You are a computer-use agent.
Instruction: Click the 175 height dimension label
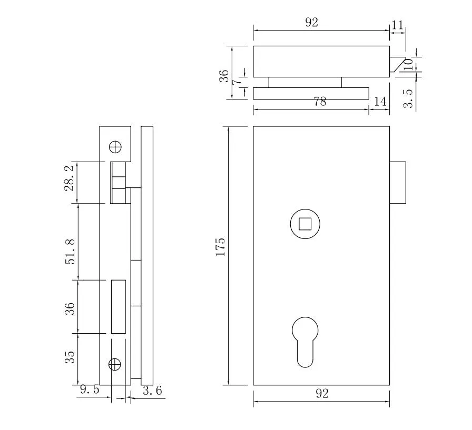pyautogui.click(x=220, y=247)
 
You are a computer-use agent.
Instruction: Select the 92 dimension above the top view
pyautogui.click(x=312, y=23)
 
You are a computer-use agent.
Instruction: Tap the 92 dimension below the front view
pyautogui.click(x=322, y=394)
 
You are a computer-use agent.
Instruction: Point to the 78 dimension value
pyautogui.click(x=320, y=102)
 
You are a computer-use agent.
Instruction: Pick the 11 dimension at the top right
pyautogui.click(x=398, y=24)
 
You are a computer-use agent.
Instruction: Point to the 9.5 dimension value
pyautogui.click(x=89, y=390)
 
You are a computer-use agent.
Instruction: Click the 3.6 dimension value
pyautogui.click(x=152, y=390)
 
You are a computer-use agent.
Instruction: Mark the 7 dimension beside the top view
pyautogui.click(x=238, y=82)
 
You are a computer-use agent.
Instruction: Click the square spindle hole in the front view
pyautogui.click(x=305, y=224)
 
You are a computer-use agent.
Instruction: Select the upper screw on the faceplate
pyautogui.click(x=115, y=146)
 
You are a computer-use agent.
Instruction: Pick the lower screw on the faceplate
pyautogui.click(x=115, y=364)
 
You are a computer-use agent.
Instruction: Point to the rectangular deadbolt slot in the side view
pyautogui.click(x=118, y=306)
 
